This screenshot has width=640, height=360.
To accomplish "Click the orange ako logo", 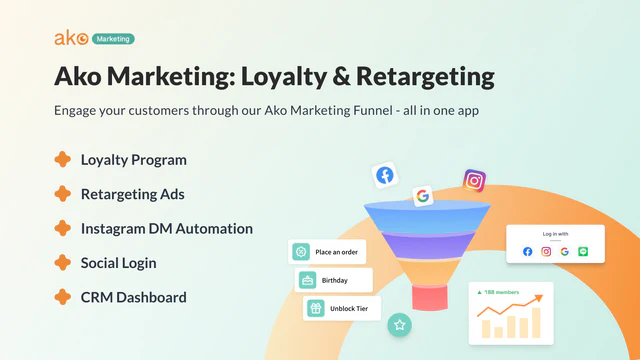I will pos(71,38).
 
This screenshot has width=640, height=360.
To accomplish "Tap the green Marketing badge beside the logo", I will pos(113,39).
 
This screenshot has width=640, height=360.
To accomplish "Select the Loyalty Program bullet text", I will pos(133,159).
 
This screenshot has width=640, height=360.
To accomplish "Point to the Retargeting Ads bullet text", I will pos(132,194).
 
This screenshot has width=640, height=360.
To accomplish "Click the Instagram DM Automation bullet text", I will pos(166,228).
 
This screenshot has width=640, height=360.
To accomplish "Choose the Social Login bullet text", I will pos(118,263).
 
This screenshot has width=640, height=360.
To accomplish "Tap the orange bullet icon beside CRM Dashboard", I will pos(62,297).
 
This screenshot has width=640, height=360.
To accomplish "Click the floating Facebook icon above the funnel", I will pos(384,175).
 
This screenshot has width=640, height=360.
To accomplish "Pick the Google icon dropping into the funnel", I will pos(422,196).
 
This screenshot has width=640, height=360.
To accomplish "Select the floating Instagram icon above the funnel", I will pos(474,181).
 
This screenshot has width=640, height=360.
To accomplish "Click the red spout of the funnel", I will pos(433,296).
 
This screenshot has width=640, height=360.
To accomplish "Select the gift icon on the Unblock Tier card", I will pos(315,308).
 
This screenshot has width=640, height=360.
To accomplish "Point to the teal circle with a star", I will pos(400,324).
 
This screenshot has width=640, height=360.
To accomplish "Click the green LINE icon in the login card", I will pos(583,251).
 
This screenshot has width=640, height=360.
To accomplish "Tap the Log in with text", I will pos(555,234).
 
